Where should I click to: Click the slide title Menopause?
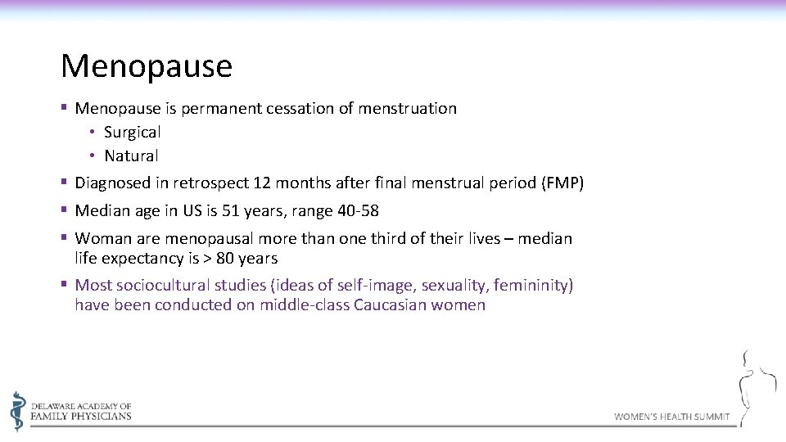pos(147,66)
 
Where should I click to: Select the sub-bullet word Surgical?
pos(132,132)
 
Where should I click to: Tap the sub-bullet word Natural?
pos(131,156)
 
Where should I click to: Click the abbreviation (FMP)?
pos(562,183)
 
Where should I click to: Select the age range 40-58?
pos(358,211)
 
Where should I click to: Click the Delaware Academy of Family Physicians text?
pos(80,411)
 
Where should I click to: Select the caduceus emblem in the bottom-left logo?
pos(18,411)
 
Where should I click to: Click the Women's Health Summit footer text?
pos(671,417)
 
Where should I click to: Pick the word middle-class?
pos(305,305)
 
